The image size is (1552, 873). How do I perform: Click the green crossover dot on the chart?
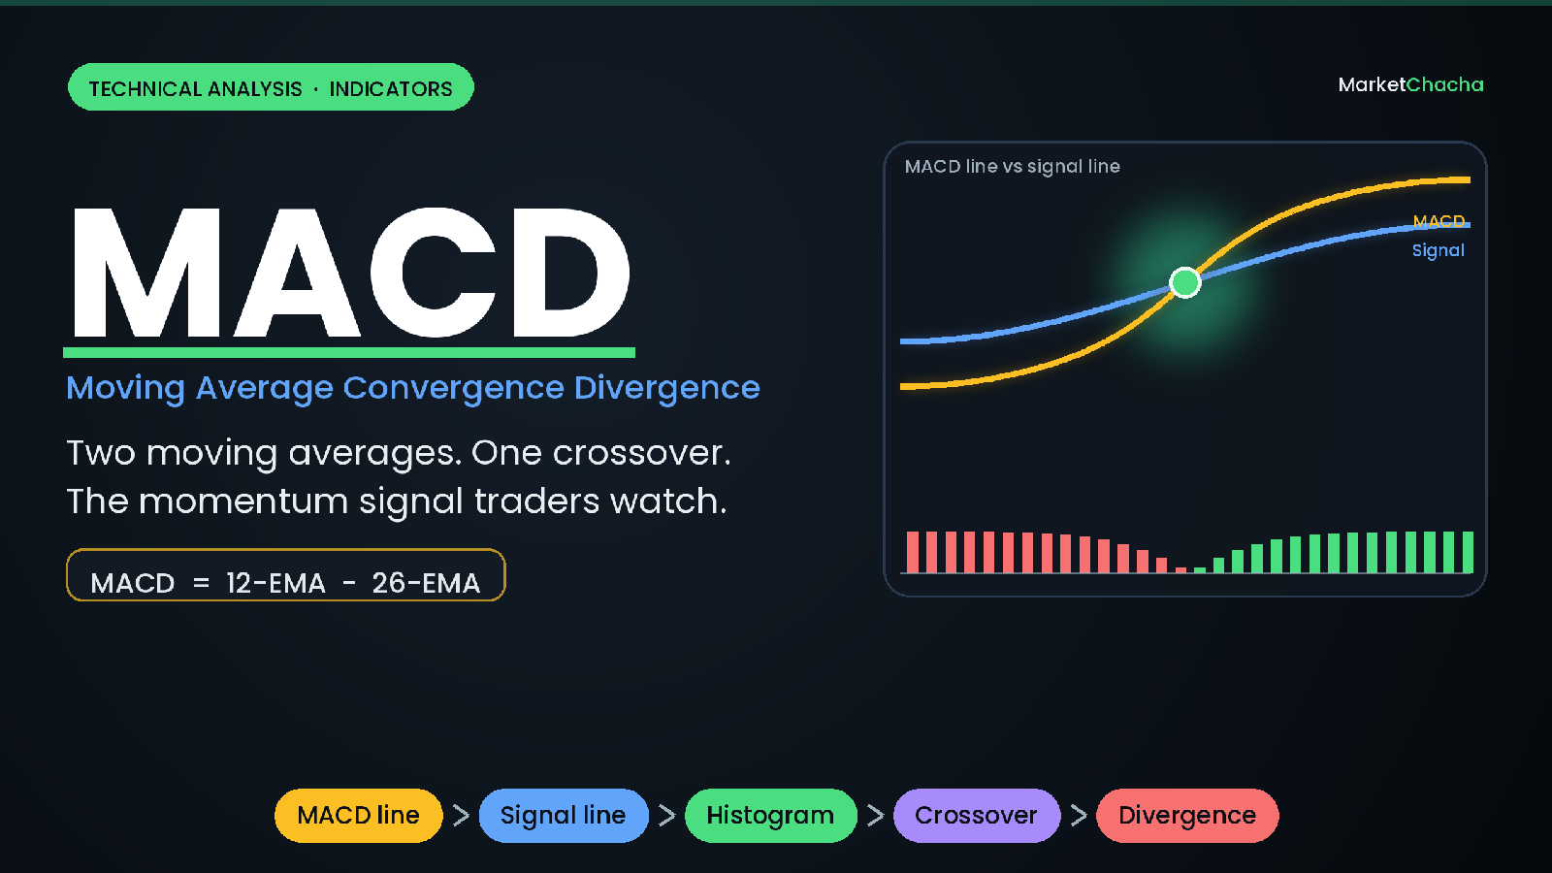point(1184,282)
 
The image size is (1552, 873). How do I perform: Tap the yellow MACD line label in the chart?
point(1439,221)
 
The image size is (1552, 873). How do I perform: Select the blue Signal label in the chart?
point(1439,250)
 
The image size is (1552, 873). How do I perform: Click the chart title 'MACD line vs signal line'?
point(1012,166)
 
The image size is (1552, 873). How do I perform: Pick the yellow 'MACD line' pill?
point(358,816)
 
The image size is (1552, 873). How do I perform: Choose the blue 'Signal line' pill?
point(564,816)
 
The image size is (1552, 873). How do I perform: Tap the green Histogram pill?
point(770,816)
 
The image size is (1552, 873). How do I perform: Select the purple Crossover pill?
point(976,816)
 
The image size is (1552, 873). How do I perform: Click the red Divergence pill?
point(1187,816)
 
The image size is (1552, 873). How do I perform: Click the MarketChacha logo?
point(1410,84)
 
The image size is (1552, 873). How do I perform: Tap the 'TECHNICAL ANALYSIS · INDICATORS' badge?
point(271,87)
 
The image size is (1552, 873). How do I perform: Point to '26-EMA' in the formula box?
point(426,583)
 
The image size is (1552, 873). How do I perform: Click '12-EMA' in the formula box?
point(275,583)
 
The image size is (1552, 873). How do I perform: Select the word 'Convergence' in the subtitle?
point(453,388)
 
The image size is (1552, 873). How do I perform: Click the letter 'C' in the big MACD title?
point(434,272)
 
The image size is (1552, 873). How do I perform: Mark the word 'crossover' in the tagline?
point(641,453)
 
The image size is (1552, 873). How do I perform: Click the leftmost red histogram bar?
point(913,552)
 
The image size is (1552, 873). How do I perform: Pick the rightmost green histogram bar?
point(1468,552)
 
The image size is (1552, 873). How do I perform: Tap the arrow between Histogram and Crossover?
point(876,816)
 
